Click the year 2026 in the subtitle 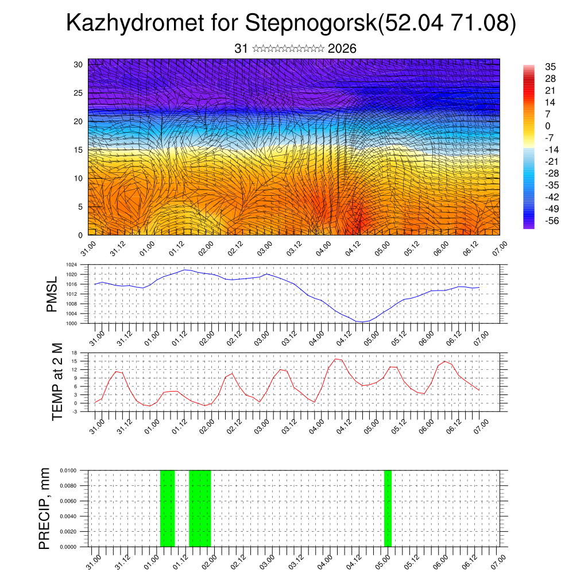342,49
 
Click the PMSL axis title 52,295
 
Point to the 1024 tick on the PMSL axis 72,265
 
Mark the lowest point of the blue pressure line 361,322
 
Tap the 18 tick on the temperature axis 75,353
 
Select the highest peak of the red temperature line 336,359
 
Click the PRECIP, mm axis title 44,508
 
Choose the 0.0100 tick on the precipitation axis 68,470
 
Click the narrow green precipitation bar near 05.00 388,508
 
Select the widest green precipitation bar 200,508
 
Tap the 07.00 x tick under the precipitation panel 498,560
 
